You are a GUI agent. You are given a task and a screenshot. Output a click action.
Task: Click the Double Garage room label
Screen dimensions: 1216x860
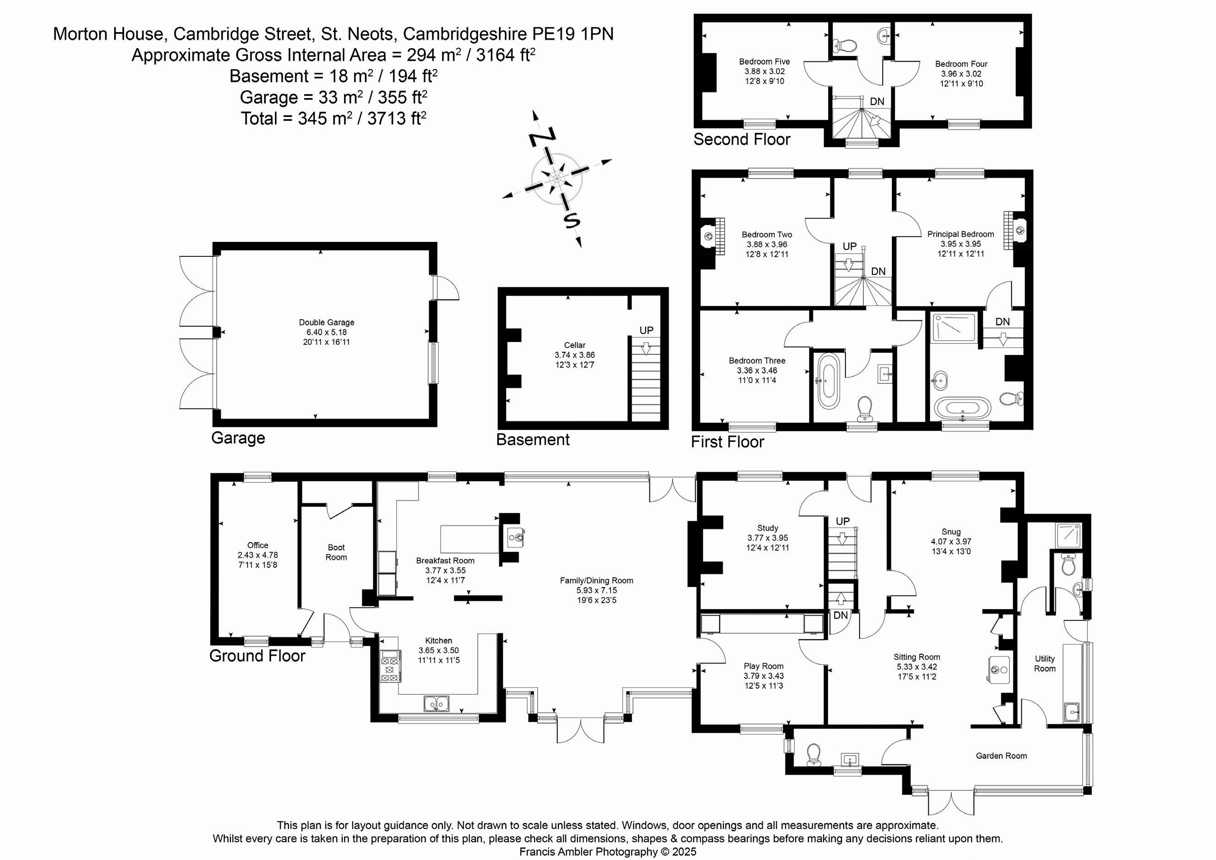tap(326, 322)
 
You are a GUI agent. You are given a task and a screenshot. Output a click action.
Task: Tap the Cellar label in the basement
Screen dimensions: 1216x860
tap(575, 345)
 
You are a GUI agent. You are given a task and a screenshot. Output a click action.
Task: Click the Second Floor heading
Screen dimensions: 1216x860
tap(742, 139)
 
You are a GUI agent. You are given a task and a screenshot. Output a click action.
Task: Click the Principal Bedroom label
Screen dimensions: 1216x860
tap(960, 234)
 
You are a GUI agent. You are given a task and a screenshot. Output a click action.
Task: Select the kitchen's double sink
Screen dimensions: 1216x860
tap(436, 704)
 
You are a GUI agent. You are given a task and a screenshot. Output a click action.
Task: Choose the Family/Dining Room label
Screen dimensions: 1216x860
tap(596, 580)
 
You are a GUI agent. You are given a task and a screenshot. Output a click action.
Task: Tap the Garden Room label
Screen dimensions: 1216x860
tap(1001, 756)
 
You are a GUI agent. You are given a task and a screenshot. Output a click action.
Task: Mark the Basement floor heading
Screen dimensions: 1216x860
tap(532, 440)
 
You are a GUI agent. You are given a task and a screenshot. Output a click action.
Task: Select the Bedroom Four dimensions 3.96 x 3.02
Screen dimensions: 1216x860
tap(961, 74)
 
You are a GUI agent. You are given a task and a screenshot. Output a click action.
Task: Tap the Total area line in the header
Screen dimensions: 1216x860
tap(334, 118)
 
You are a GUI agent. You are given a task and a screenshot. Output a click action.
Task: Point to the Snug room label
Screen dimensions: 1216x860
tap(951, 532)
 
